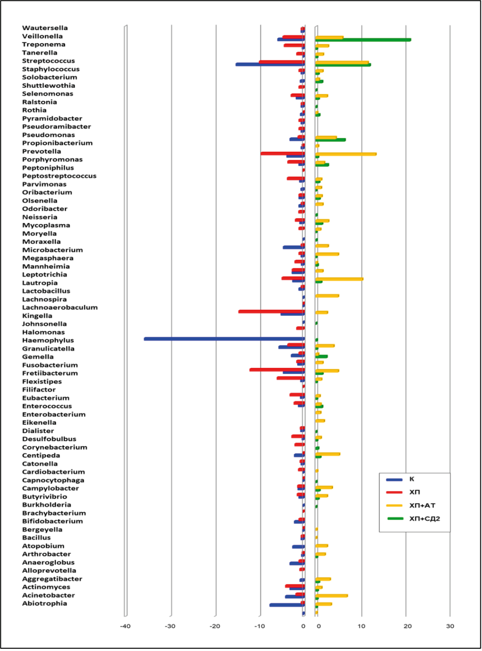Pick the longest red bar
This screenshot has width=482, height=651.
271,312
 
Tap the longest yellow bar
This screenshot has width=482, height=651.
345,154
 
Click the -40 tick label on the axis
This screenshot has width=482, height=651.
125,626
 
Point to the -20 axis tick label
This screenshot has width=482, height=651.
215,626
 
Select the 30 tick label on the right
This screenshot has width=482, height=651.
450,626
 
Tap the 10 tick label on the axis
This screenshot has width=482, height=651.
362,626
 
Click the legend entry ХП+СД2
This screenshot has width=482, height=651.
425,519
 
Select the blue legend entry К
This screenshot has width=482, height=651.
412,479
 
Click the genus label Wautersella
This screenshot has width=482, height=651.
45,28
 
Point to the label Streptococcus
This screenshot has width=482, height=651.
48,61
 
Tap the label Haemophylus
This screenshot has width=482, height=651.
48,340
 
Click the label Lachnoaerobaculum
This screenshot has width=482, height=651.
60,307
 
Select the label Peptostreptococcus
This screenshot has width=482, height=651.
59,176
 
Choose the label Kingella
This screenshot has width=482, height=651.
37,316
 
